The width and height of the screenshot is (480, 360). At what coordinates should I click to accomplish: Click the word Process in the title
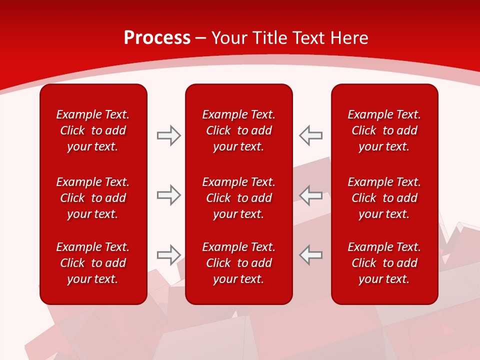tap(157, 38)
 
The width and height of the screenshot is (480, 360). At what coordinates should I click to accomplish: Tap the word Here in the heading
tap(350, 38)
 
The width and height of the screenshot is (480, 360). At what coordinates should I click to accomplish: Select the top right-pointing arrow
tap(168, 135)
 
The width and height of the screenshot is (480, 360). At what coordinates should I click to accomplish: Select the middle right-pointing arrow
tap(168, 195)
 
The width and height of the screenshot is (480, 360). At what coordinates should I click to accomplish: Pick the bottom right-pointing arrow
tap(168, 255)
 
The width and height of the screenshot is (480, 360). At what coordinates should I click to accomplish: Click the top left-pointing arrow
tap(311, 135)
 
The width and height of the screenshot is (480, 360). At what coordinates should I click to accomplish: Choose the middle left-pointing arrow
tap(311, 195)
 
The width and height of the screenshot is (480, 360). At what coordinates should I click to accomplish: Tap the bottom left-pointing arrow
tap(311, 255)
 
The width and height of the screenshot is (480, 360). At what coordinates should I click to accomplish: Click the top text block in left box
tap(93, 130)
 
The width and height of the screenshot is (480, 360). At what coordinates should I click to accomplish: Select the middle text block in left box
tap(93, 198)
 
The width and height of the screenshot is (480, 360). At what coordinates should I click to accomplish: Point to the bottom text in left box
tap(93, 263)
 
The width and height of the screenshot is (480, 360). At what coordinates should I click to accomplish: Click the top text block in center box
tap(238, 130)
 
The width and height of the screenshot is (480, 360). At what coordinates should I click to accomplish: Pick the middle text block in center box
tap(238, 198)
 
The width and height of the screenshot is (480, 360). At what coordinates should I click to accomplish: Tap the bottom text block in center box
tap(238, 263)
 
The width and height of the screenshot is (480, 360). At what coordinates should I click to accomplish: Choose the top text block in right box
tap(384, 130)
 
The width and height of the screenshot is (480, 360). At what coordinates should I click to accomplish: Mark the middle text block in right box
tap(384, 198)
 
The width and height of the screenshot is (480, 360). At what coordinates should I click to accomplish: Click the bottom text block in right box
tap(384, 263)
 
